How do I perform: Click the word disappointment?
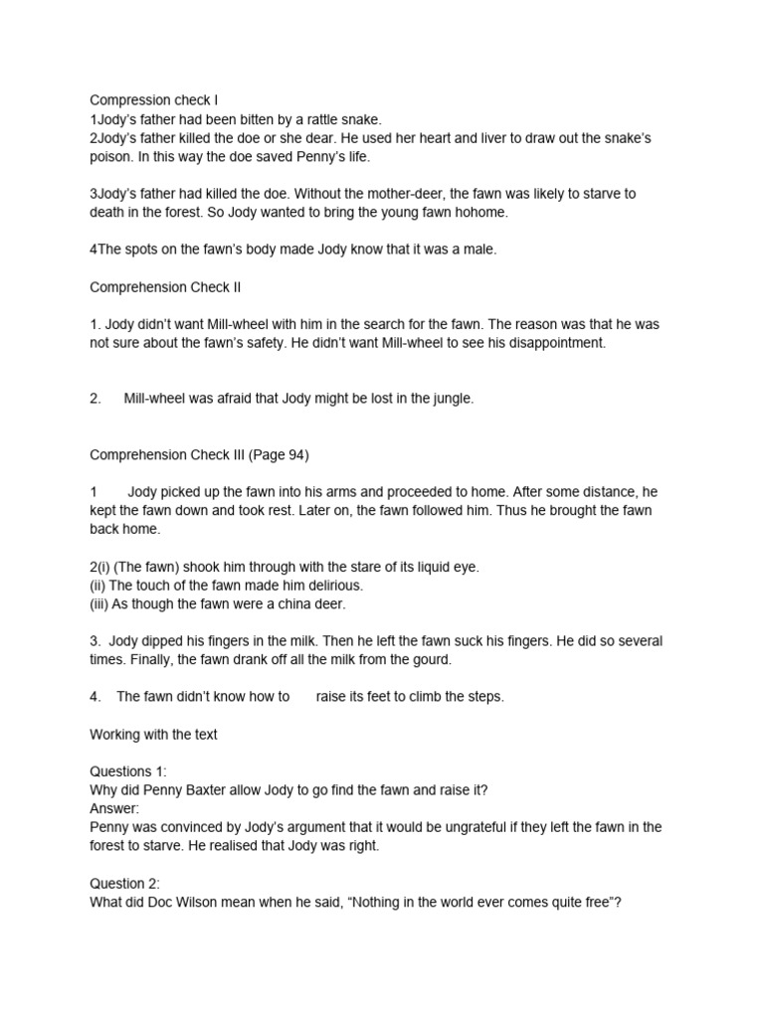pyautogui.click(x=551, y=343)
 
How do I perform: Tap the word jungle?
pyautogui.click(x=451, y=399)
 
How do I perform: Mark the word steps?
pyautogui.click(x=483, y=696)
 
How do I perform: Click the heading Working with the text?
pyautogui.click(x=153, y=734)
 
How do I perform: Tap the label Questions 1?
pyautogui.click(x=128, y=771)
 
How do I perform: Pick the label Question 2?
pyautogui.click(x=124, y=883)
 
